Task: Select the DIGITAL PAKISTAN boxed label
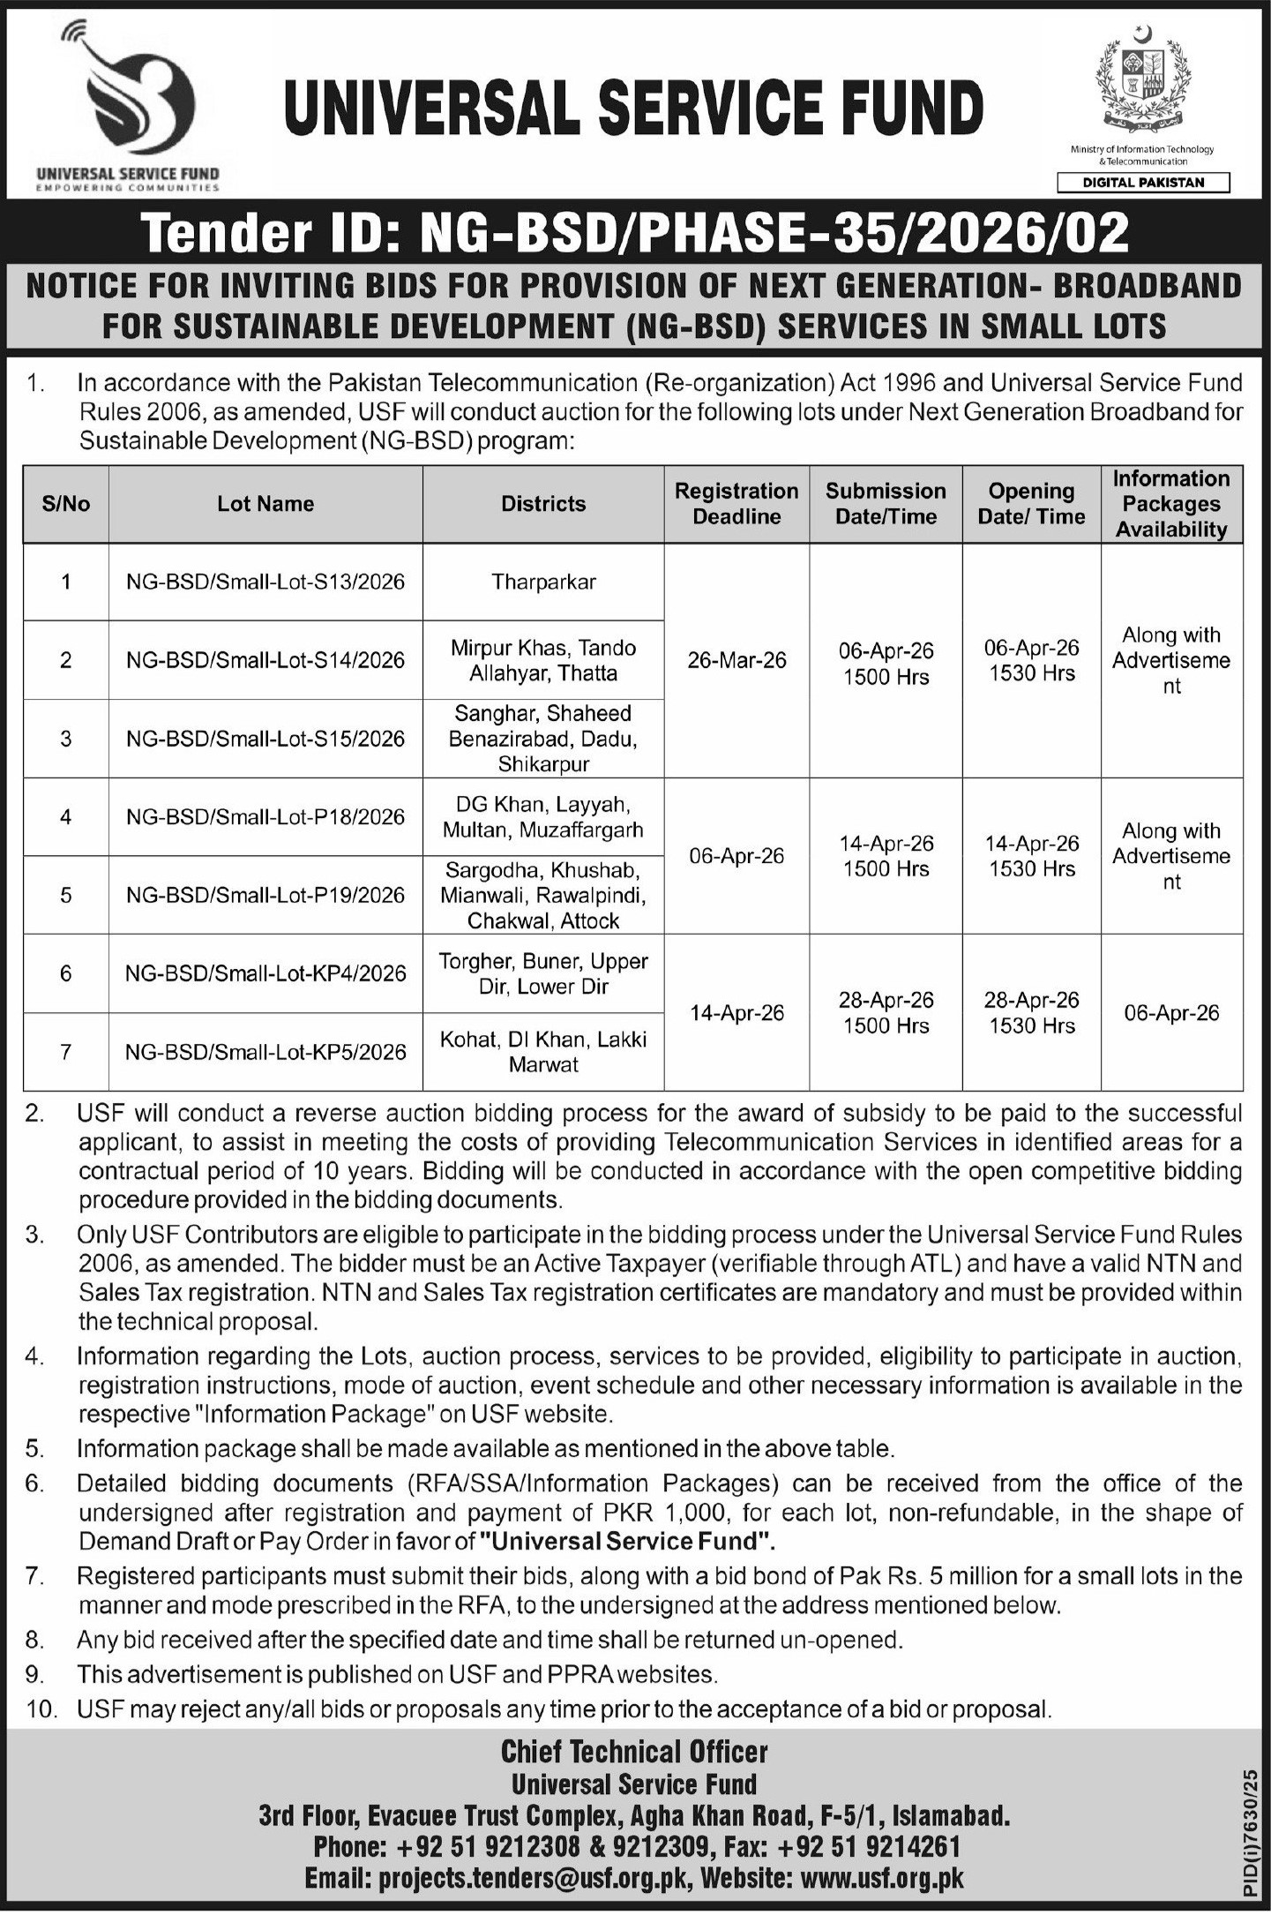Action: point(1143,183)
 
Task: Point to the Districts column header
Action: point(543,504)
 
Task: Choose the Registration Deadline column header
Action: point(736,504)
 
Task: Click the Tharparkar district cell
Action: point(543,582)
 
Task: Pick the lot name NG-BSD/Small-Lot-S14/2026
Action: point(265,660)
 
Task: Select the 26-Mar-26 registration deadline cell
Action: point(736,660)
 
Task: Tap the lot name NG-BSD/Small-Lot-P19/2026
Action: point(265,895)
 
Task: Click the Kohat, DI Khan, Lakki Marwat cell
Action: point(543,1051)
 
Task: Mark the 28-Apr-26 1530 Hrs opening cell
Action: point(1031,1012)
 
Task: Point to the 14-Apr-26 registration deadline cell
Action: point(736,1013)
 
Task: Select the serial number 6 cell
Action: point(66,973)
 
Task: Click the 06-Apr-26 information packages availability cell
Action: point(1171,1013)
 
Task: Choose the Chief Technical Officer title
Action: point(634,1751)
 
